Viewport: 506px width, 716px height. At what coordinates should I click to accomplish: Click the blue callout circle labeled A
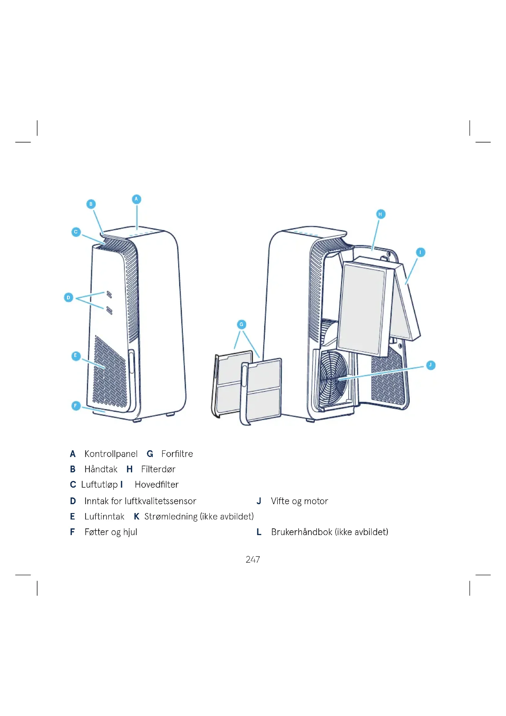pyautogui.click(x=136, y=199)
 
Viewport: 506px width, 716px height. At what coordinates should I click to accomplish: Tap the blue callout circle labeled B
pyautogui.click(x=91, y=204)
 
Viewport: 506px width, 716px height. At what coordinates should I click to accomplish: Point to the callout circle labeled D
pyautogui.click(x=69, y=298)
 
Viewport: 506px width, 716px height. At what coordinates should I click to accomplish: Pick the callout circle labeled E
pyautogui.click(x=76, y=356)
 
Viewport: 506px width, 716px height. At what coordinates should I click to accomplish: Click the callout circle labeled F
pyautogui.click(x=76, y=406)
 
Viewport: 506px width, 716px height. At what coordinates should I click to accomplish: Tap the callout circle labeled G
pyautogui.click(x=241, y=324)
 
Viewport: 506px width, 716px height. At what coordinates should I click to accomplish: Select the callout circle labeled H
pyautogui.click(x=381, y=214)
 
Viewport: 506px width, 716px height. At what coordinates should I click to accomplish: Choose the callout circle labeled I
pyautogui.click(x=421, y=252)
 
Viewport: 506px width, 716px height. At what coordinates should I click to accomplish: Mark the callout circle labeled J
pyautogui.click(x=431, y=365)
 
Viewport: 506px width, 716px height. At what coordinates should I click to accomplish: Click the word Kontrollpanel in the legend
pyautogui.click(x=111, y=454)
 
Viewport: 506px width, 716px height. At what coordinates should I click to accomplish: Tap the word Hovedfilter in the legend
pyautogui.click(x=157, y=485)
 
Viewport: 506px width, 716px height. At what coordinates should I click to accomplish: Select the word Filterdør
pyautogui.click(x=158, y=469)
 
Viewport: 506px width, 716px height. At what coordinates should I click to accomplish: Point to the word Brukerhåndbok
pyautogui.click(x=302, y=532)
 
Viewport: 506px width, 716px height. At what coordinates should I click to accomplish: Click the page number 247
pyautogui.click(x=253, y=560)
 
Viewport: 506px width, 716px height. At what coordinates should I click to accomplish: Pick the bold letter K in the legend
pyautogui.click(x=136, y=517)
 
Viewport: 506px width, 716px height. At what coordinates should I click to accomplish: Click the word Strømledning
pyautogui.click(x=171, y=517)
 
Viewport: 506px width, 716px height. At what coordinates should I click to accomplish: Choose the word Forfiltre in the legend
pyautogui.click(x=177, y=454)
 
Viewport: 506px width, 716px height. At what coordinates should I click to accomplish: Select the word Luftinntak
pyautogui.click(x=104, y=517)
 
